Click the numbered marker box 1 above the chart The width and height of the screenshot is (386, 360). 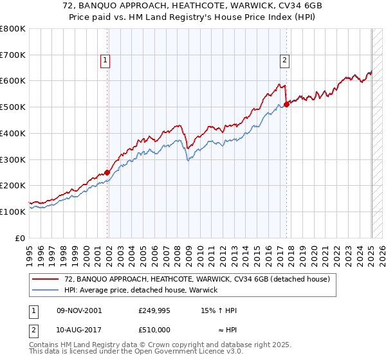pos(104,61)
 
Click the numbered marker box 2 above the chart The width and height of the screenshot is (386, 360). pos(284,61)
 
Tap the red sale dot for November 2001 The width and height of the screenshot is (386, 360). pos(107,172)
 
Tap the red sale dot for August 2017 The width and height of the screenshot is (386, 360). pos(286,104)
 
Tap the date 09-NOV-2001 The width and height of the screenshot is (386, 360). pos(78,310)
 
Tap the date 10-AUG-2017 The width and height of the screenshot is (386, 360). pos(78,330)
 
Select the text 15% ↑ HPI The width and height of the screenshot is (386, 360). pos(219,310)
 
